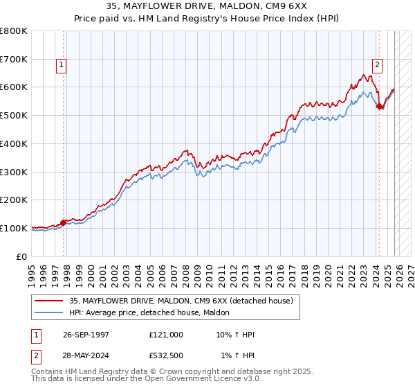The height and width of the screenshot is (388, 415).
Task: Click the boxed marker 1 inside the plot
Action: pos(61,65)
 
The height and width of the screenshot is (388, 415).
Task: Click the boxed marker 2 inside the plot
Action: pos(377,65)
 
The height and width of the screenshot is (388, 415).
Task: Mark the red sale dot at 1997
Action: pos(64,222)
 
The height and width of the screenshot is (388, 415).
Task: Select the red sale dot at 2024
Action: pos(379,106)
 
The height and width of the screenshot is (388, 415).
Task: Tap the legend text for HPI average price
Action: pos(152,313)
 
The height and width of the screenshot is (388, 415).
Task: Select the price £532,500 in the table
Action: pos(166,355)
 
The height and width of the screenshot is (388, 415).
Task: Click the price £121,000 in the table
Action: pos(166,335)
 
